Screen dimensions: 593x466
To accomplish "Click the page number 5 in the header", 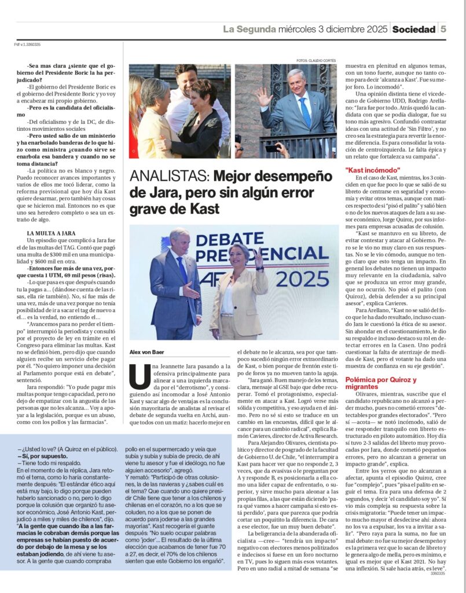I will (443, 29).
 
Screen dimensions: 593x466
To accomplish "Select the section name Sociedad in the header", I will (413, 29).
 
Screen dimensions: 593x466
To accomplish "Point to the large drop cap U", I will (140, 376).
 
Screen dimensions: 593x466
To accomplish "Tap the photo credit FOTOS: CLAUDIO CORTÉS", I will (317, 60).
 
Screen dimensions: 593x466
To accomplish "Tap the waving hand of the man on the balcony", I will (264, 97).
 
